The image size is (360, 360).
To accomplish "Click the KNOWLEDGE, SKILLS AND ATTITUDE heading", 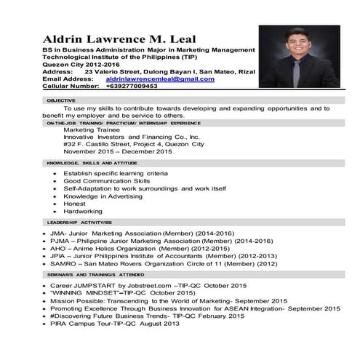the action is point(90,164).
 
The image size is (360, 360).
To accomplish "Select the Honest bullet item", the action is point(74,204).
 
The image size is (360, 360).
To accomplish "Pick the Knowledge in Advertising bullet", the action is point(103,196).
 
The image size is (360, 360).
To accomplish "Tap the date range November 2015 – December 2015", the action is point(118,152).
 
